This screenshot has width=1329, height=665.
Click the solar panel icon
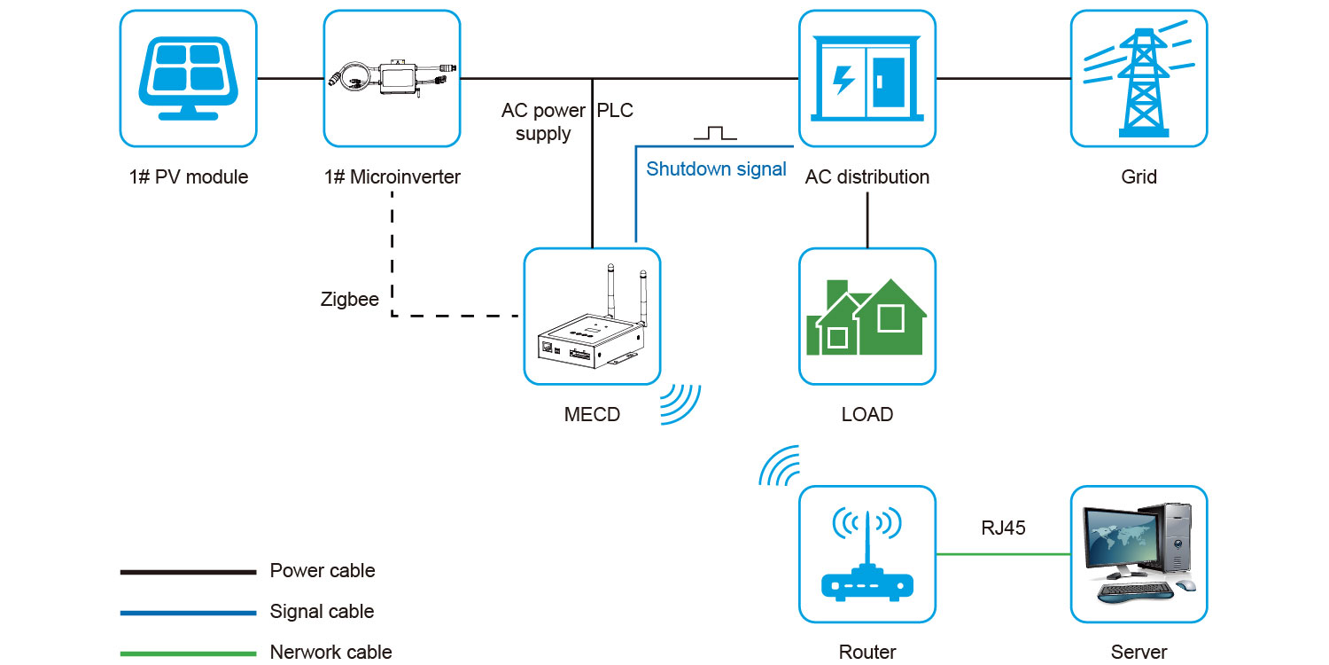click(x=188, y=78)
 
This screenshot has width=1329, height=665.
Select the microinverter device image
click(x=392, y=78)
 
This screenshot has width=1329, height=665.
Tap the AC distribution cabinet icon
click(x=867, y=78)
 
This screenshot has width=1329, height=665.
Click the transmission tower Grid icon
click(x=1139, y=78)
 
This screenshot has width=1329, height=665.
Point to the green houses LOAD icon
click(x=867, y=317)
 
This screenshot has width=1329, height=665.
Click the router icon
click(x=867, y=554)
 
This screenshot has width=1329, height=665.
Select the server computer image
click(x=1139, y=554)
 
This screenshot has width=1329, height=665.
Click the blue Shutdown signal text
click(x=716, y=169)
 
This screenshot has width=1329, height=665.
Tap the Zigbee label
click(x=350, y=300)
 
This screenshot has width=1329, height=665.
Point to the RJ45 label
click(x=1003, y=528)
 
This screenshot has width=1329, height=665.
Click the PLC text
click(x=615, y=112)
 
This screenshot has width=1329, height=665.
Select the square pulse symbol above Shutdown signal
click(x=715, y=133)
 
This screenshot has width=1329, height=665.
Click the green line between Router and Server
click(x=1003, y=554)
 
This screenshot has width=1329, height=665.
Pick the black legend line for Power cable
click(x=188, y=572)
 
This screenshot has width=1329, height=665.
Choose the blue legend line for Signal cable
click(x=188, y=613)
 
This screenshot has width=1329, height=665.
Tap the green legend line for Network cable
click(x=188, y=654)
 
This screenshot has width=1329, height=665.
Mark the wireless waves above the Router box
click(x=780, y=466)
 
